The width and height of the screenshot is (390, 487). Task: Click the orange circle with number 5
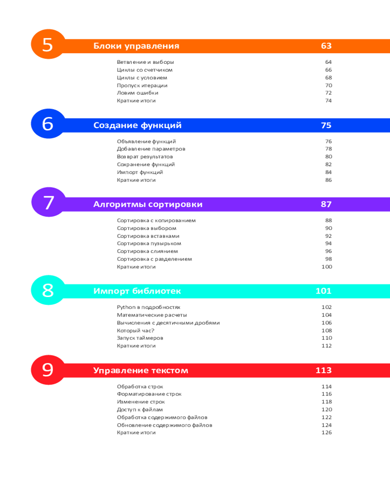coord(47,45)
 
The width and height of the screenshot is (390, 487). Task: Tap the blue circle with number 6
coord(47,124)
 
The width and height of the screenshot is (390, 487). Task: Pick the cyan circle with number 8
coord(47,291)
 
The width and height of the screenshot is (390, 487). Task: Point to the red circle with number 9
coord(47,370)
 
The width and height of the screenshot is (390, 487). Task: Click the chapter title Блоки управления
coord(136,46)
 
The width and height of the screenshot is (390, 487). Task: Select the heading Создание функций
coord(137,126)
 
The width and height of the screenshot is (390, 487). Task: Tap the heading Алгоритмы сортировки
coord(148,205)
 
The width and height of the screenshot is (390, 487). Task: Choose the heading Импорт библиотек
coord(137,292)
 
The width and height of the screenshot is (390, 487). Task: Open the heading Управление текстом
coord(140,371)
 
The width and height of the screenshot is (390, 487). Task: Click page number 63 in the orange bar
coord(326,46)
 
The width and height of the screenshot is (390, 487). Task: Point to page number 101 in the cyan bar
coord(323,292)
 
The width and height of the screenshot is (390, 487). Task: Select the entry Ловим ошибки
coord(137,93)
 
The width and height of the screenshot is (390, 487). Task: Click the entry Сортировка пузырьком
coord(149,243)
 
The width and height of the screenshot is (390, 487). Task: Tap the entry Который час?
coord(136,330)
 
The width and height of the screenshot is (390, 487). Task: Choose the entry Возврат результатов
coord(145,157)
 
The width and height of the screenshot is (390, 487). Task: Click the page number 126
coord(327,433)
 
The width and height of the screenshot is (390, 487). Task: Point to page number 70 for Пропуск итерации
coord(328,85)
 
